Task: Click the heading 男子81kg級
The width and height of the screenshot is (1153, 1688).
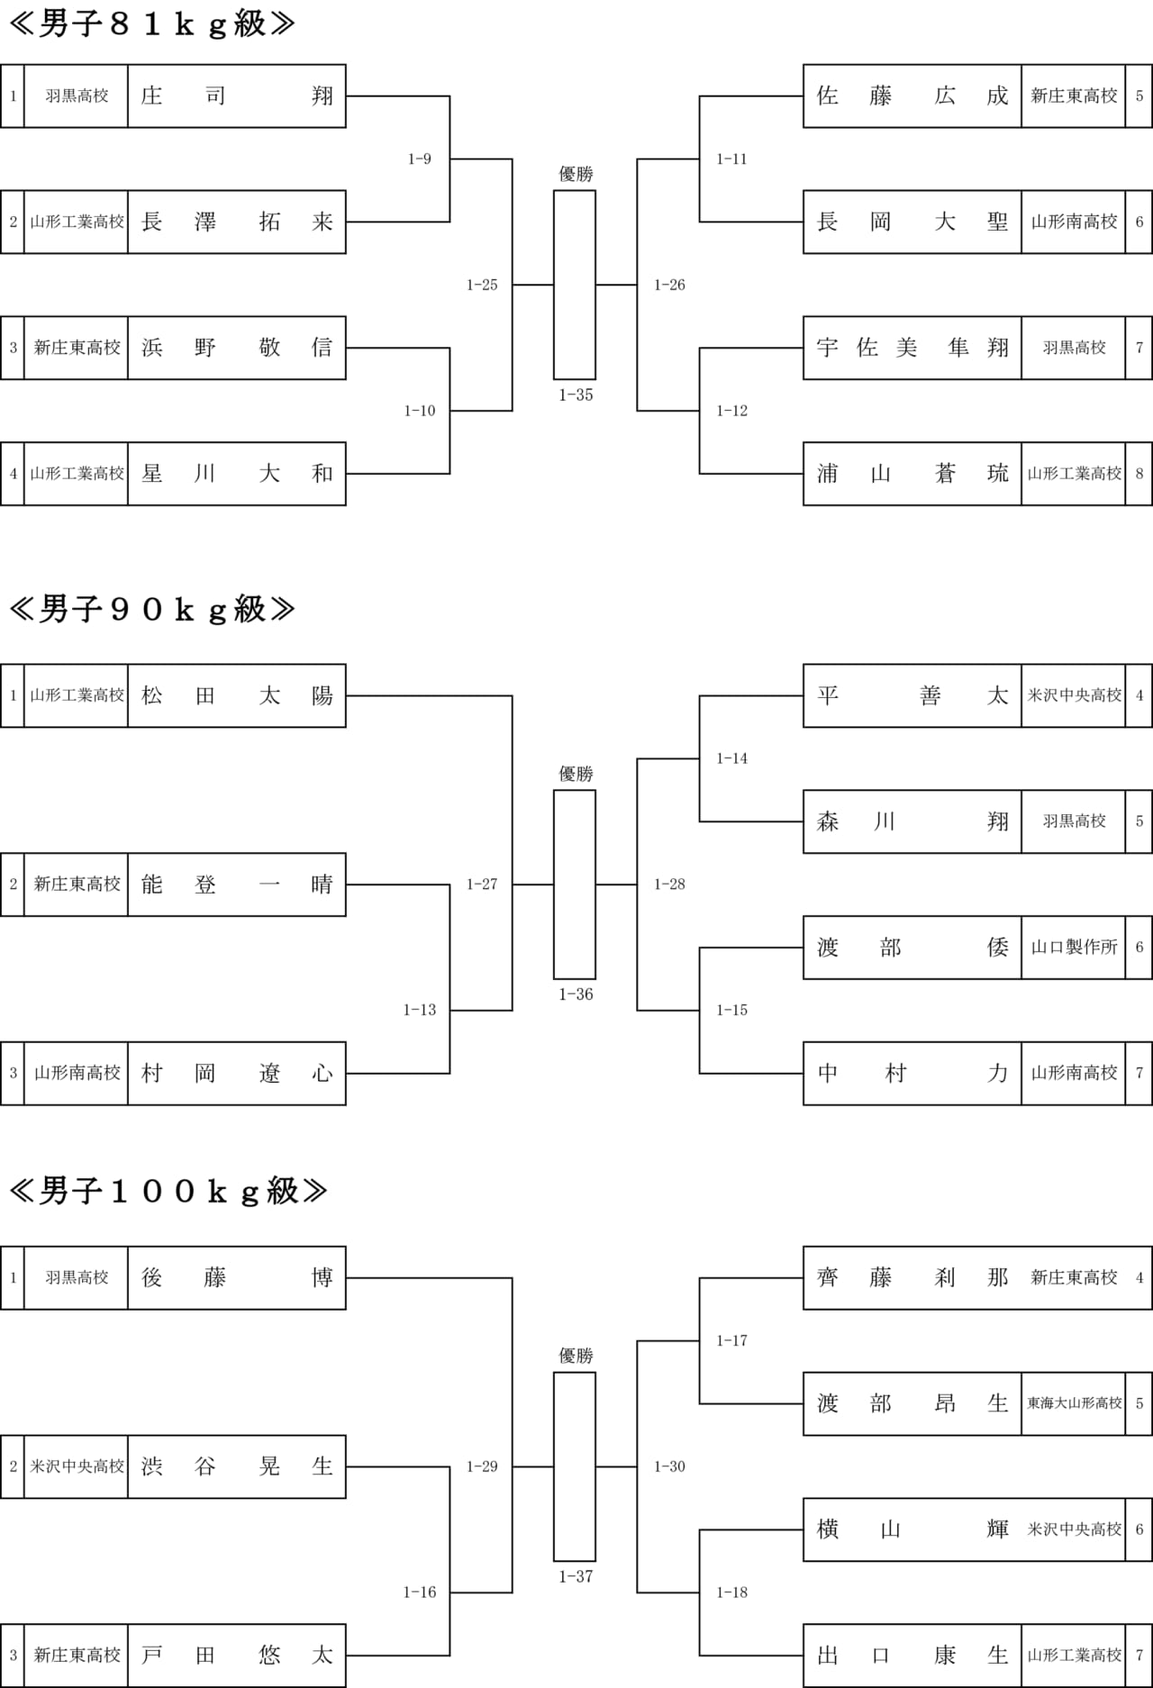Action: point(151,24)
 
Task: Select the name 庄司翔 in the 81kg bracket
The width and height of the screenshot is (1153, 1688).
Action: point(236,96)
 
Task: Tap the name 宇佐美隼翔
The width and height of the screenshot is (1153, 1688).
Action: point(912,348)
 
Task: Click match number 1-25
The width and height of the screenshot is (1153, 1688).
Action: point(482,285)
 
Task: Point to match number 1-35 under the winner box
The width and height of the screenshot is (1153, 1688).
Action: point(576,395)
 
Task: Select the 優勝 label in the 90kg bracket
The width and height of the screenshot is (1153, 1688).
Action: point(576,774)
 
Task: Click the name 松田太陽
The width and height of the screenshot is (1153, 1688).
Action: point(236,695)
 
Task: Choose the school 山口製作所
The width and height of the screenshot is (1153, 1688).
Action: point(1074,948)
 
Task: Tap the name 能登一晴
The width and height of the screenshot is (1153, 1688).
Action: point(236,885)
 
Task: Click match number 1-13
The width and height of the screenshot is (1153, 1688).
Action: point(420,1010)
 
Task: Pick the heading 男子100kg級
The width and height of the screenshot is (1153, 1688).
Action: point(168,1191)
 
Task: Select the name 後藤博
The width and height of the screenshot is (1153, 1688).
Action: point(236,1277)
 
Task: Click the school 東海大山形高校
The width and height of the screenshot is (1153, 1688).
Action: point(1074,1403)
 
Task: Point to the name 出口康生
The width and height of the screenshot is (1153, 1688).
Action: point(912,1656)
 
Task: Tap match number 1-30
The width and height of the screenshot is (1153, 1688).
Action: point(669,1466)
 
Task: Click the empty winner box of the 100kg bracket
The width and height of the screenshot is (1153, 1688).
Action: point(575,1466)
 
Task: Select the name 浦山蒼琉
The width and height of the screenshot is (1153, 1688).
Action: point(912,474)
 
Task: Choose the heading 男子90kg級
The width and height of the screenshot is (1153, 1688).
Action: point(151,609)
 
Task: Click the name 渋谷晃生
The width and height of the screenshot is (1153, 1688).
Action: point(236,1466)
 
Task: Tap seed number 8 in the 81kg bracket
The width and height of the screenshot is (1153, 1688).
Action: point(1139,474)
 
